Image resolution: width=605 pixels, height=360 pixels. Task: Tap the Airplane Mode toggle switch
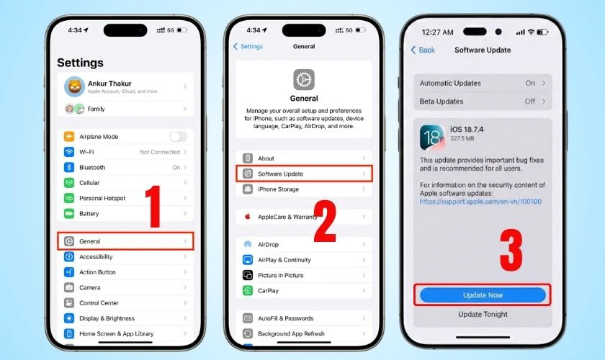point(178,137)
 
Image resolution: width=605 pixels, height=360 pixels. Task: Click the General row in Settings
point(125,241)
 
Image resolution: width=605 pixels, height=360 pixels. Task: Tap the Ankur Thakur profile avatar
point(74,87)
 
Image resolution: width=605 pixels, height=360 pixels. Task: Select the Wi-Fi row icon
point(70,152)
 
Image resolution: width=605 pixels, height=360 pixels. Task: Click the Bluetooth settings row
point(125,168)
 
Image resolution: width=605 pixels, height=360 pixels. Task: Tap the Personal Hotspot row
point(125,198)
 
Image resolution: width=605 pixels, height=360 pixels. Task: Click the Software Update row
point(303,174)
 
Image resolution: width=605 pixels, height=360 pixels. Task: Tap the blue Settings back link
point(248,47)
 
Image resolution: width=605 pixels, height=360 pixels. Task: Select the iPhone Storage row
point(303,189)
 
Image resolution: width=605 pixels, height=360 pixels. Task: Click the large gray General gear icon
point(303,80)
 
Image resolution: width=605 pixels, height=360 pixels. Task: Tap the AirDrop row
point(303,245)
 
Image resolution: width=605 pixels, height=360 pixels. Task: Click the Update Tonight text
point(483,315)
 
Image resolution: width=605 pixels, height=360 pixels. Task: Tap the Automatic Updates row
point(483,83)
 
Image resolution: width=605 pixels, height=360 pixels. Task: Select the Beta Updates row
point(483,102)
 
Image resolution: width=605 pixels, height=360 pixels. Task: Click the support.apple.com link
point(480,202)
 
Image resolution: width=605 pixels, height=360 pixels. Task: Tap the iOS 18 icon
point(431,136)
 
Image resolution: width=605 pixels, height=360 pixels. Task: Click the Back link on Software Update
point(423,50)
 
